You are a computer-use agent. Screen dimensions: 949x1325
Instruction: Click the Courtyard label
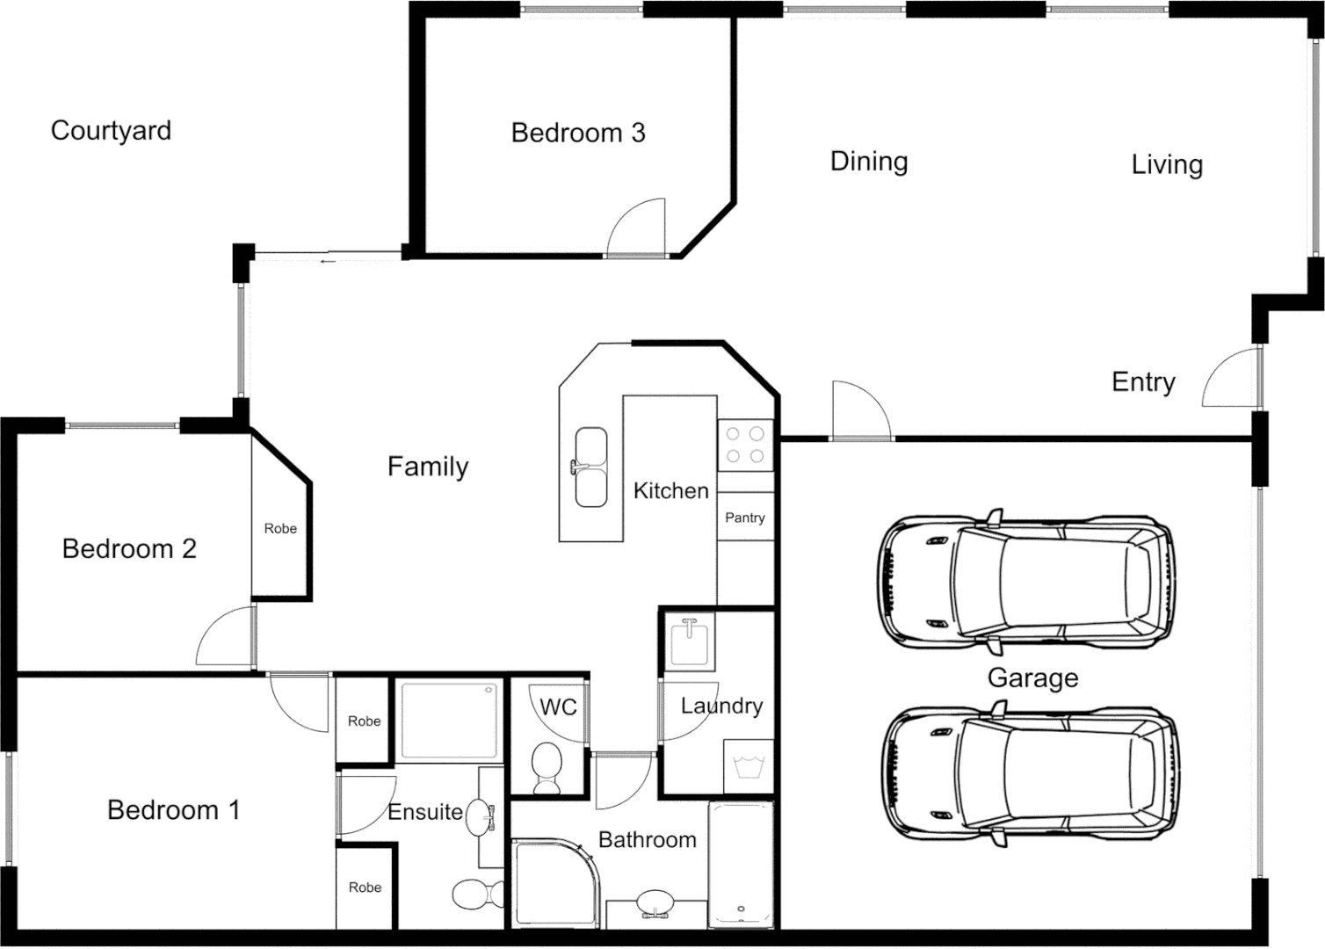click(x=111, y=131)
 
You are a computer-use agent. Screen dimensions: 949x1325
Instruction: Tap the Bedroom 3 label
click(x=577, y=133)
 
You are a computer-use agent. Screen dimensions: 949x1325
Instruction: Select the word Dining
click(x=868, y=162)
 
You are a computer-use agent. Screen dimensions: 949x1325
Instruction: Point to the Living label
click(x=1166, y=164)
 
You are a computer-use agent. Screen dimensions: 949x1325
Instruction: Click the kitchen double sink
click(x=590, y=467)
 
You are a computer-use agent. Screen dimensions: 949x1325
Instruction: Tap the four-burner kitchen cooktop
click(x=744, y=445)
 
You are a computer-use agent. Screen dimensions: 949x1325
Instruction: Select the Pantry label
click(x=744, y=518)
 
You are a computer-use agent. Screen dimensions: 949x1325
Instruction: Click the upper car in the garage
click(x=1026, y=582)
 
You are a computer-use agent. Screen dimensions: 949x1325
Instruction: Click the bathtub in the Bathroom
click(x=741, y=865)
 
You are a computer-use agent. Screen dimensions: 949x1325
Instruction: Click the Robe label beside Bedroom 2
click(x=280, y=528)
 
